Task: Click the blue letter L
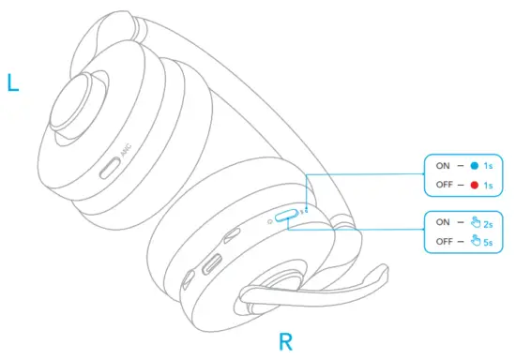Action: pyautogui.click(x=12, y=83)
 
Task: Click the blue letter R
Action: pyautogui.click(x=286, y=340)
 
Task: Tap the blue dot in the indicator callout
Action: pyautogui.click(x=475, y=165)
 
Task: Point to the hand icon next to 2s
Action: pyautogui.click(x=475, y=222)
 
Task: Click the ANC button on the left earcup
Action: pyautogui.click(x=110, y=170)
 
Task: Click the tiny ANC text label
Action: pyautogui.click(x=125, y=149)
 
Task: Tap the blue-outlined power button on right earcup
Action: pyautogui.click(x=287, y=217)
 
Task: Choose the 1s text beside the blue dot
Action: pyautogui.click(x=491, y=165)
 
